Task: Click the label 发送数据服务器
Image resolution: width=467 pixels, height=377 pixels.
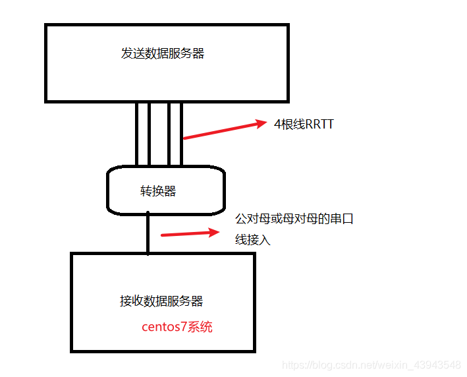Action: click(163, 54)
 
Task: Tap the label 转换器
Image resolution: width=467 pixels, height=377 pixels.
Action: click(158, 191)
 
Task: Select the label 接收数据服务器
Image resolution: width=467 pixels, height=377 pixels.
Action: click(161, 301)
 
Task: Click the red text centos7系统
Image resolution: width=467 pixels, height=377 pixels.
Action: click(177, 327)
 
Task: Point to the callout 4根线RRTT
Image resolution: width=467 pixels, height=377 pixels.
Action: click(304, 124)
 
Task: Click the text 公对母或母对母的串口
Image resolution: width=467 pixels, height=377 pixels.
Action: click(294, 219)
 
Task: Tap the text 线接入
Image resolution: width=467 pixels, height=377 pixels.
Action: click(253, 241)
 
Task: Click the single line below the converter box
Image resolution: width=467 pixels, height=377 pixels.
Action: click(148, 234)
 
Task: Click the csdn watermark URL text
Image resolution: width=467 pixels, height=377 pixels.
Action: click(371, 364)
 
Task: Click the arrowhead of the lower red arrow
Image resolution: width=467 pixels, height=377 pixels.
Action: click(212, 231)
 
